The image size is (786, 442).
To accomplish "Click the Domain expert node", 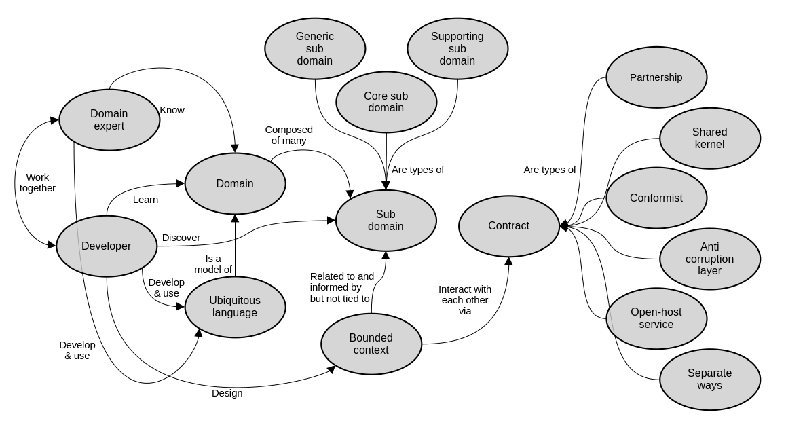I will [109, 120].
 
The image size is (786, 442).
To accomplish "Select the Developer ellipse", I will [107, 246].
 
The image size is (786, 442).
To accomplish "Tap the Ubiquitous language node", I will [235, 307].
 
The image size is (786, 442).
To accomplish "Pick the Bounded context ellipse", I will [371, 344].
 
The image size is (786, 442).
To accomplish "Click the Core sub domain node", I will [386, 102].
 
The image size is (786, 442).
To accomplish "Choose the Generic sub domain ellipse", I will [315, 49].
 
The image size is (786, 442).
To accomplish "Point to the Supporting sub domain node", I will [457, 49].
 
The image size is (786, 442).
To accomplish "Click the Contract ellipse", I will [509, 226].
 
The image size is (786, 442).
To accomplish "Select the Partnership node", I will [656, 77].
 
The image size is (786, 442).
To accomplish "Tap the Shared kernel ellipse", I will [710, 139].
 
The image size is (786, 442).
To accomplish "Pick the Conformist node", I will [656, 198].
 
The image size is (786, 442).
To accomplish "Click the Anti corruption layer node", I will [710, 259].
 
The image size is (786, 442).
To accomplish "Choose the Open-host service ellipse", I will [656, 318].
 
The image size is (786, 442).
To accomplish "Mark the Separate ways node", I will [710, 380].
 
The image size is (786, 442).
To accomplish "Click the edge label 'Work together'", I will [37, 183].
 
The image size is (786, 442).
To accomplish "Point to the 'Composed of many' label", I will [288, 135].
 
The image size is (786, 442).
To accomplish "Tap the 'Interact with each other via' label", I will [465, 299].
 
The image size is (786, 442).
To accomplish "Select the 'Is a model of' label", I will [213, 264].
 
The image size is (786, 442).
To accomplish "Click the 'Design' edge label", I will [227, 393].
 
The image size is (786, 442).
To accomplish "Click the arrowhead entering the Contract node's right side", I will [563, 226].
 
